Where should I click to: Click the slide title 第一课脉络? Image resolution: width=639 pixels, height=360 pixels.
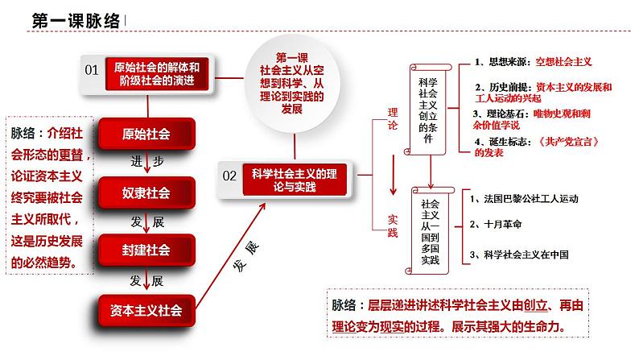[75, 22]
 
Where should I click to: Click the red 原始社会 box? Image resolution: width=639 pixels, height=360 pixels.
[146, 134]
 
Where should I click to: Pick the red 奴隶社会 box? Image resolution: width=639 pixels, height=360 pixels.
[146, 192]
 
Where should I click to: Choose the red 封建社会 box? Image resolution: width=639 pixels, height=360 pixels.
[146, 250]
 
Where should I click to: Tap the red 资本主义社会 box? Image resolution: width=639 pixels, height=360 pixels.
[146, 308]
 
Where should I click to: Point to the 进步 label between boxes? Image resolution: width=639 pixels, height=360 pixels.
[146, 162]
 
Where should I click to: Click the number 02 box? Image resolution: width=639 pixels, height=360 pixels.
[229, 174]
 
